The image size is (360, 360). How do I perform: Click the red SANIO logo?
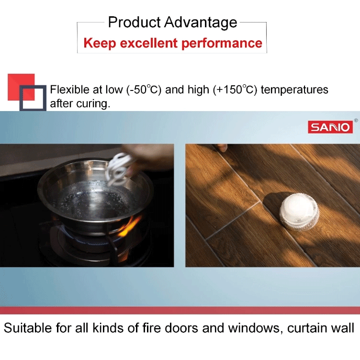click(x=330, y=127)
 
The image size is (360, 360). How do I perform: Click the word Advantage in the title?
click(x=201, y=22)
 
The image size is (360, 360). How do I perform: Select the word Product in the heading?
click(x=135, y=22)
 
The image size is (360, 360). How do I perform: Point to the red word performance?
click(x=222, y=44)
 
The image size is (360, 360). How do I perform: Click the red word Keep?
click(x=100, y=44)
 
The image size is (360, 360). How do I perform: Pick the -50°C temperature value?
click(x=144, y=90)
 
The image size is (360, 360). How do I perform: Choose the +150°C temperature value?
click(x=235, y=90)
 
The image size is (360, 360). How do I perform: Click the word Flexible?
click(x=69, y=90)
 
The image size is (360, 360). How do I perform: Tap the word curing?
click(x=93, y=104)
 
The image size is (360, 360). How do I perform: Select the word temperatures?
click(x=294, y=90)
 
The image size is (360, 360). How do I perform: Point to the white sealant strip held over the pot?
click(x=119, y=169)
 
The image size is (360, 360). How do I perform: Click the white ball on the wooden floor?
click(x=299, y=211)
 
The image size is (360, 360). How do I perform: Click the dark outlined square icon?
click(x=33, y=98)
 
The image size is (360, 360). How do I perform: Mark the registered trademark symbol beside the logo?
click(x=356, y=120)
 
